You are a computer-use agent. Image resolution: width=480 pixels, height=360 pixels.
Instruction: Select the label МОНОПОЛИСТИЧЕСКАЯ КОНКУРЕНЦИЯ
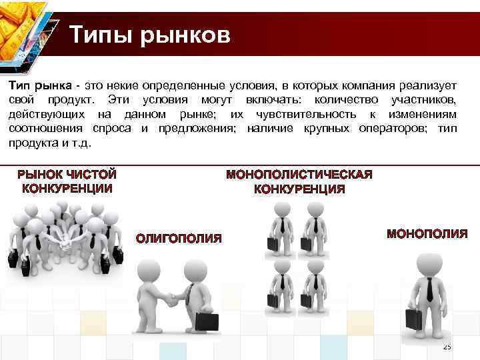coord(299,181)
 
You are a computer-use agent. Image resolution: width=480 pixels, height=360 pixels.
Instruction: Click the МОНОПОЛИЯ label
coord(427,234)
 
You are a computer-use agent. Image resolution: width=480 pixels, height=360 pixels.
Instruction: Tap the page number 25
coord(447,347)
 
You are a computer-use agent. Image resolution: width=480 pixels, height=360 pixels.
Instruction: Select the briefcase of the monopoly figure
coord(413,319)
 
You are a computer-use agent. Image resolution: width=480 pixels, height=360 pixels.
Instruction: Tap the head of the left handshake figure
coord(147,268)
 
